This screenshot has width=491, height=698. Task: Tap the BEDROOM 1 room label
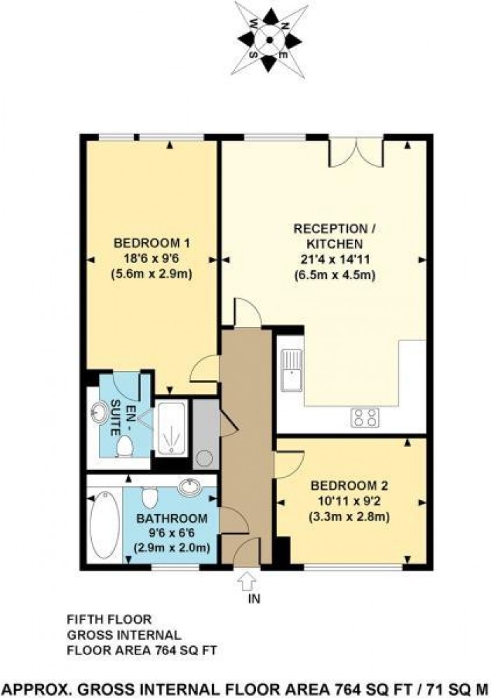tap(152, 243)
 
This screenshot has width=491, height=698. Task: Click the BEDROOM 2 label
tap(349, 485)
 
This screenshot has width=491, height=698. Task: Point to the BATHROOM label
tap(172, 519)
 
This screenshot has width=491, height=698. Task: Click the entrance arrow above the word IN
tap(246, 582)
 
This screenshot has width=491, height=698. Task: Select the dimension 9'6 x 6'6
tap(172, 533)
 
